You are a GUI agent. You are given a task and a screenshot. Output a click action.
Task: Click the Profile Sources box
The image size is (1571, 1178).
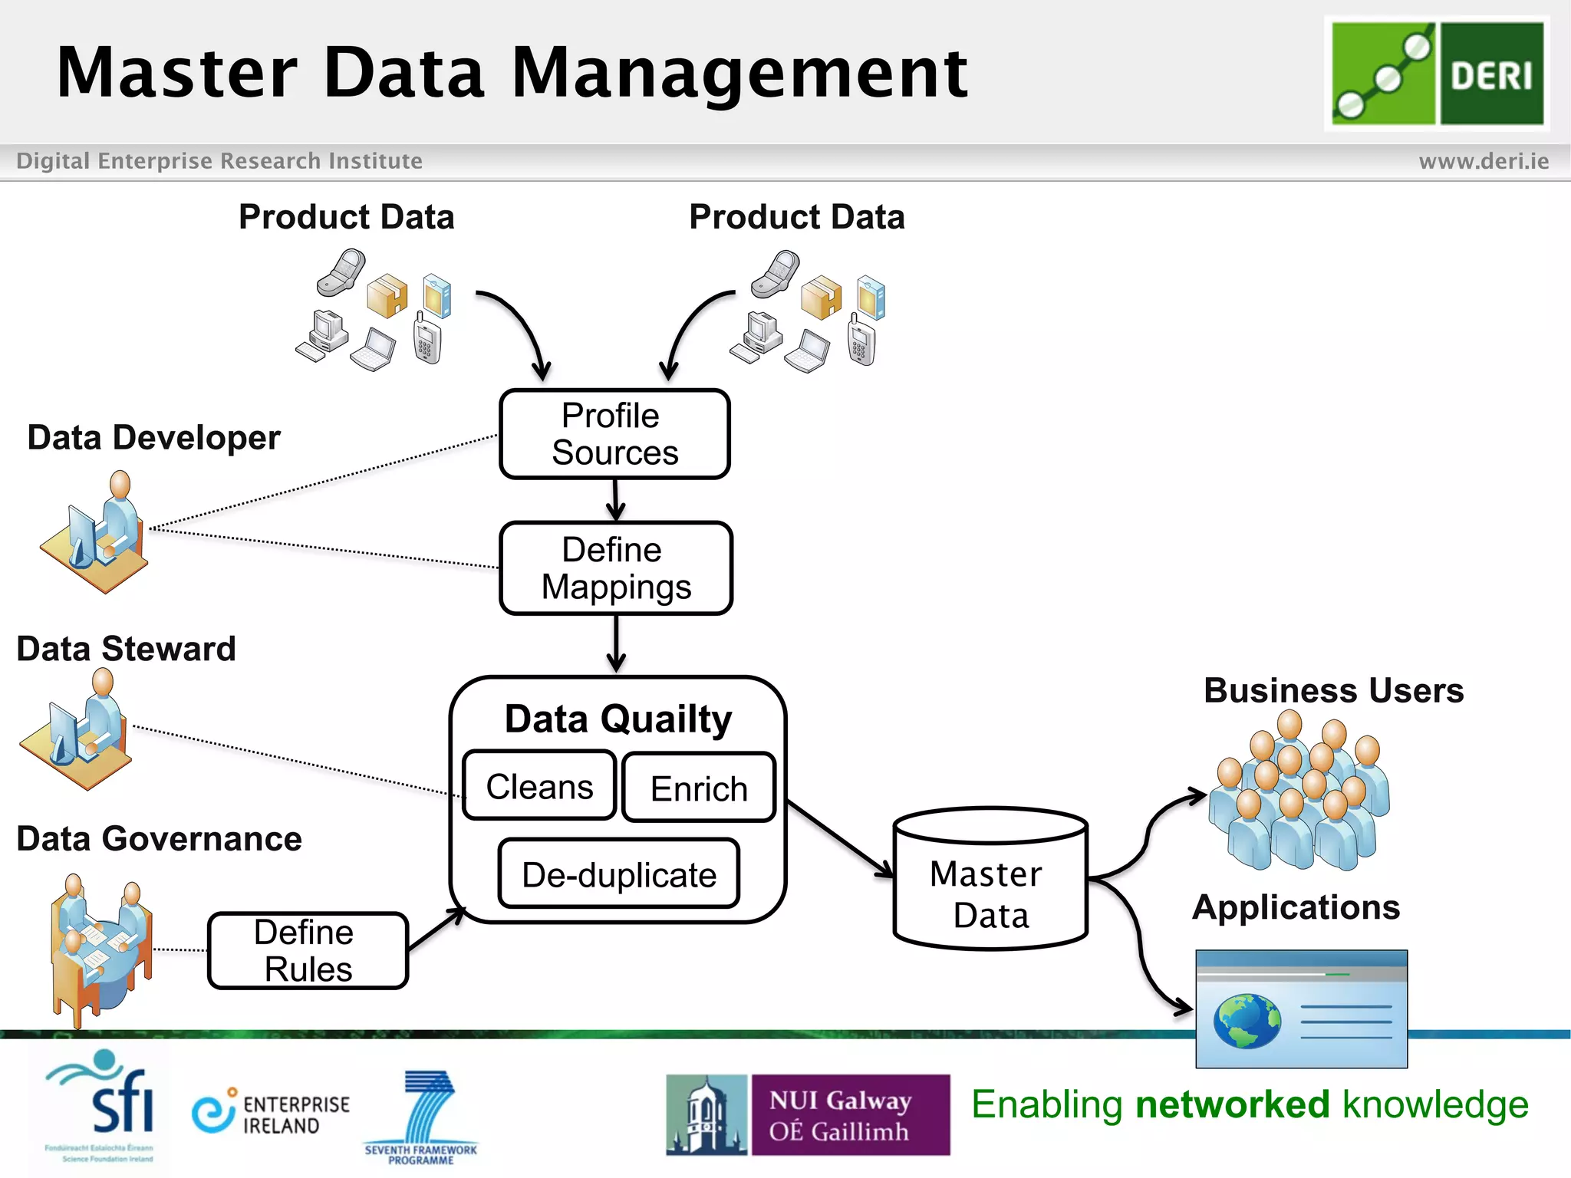(x=614, y=434)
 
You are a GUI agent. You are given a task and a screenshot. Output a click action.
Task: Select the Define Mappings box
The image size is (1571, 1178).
(x=616, y=568)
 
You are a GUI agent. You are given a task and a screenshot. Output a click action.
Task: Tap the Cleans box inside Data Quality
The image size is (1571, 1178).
(x=539, y=787)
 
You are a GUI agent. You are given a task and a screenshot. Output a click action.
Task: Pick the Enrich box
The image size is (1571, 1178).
(x=699, y=788)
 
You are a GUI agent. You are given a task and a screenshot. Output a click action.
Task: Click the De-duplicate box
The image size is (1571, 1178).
(x=618, y=874)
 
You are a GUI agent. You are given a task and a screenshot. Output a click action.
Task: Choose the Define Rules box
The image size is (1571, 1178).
(x=308, y=951)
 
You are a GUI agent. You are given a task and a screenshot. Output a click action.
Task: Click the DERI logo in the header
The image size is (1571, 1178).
(x=1437, y=74)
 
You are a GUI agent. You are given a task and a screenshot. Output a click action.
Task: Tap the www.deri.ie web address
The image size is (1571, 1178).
(x=1483, y=161)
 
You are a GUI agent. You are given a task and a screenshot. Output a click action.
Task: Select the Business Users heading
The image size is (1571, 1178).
(x=1333, y=690)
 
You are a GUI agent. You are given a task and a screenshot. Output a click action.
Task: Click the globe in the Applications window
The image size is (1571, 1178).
(x=1247, y=1021)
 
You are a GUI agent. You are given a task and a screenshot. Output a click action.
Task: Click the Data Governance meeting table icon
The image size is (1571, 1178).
(x=100, y=949)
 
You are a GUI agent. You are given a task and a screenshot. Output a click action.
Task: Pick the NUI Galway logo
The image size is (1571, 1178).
(x=808, y=1115)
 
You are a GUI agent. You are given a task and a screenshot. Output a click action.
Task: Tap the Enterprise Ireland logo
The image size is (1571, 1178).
(x=271, y=1112)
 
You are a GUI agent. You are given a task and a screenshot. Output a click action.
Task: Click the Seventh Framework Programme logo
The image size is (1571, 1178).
(x=422, y=1116)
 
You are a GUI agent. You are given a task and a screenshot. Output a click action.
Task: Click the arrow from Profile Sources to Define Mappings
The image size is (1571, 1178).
(x=616, y=500)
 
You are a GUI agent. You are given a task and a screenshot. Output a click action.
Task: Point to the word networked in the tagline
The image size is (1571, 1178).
(x=1232, y=1104)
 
